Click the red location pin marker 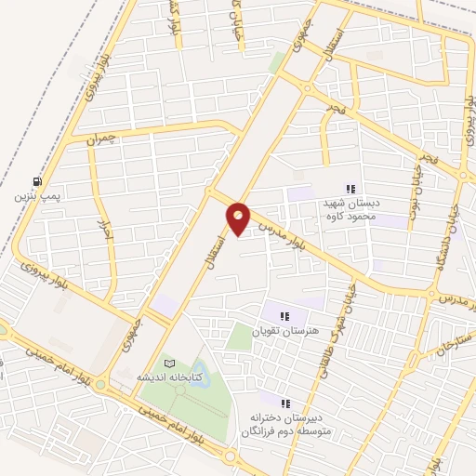click(x=239, y=218)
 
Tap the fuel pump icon click(x=36, y=181)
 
